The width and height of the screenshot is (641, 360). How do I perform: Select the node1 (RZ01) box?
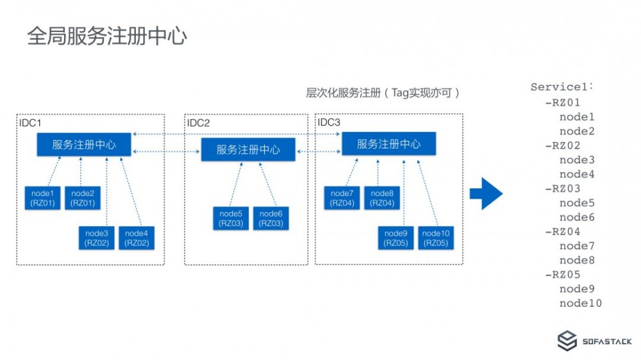pyautogui.click(x=43, y=198)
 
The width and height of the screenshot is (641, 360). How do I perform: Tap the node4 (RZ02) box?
pyautogui.click(x=137, y=238)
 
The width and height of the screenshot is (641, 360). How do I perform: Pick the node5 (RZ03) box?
pyautogui.click(x=230, y=218)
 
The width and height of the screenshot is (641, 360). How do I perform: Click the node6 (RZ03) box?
pyautogui.click(x=271, y=218)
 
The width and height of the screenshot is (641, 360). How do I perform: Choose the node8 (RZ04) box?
pyautogui.click(x=382, y=198)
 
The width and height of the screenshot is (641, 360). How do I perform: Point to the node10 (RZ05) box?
pyautogui.click(x=436, y=238)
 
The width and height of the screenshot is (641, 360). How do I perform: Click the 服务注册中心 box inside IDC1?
pyautogui.click(x=84, y=144)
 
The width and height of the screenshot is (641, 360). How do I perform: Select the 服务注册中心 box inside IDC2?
pyautogui.click(x=248, y=150)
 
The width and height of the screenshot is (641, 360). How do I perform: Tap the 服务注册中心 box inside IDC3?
pyautogui.click(x=388, y=144)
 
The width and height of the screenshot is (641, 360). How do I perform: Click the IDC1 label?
pyautogui.click(x=31, y=122)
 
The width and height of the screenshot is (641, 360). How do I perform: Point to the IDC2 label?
pyautogui.click(x=198, y=123)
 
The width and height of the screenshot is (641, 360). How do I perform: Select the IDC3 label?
pyautogui.click(x=330, y=122)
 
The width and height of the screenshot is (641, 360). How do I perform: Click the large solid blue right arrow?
pyautogui.click(x=486, y=192)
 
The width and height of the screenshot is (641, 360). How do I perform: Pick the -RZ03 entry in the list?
pyautogui.click(x=562, y=188)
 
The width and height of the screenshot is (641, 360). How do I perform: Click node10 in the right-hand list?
pyautogui.click(x=580, y=303)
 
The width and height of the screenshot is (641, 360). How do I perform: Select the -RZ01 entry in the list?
pyautogui.click(x=562, y=102)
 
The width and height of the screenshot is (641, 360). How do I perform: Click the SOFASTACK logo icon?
pyautogui.click(x=567, y=341)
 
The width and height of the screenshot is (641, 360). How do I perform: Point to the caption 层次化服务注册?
pyautogui.click(x=343, y=93)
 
